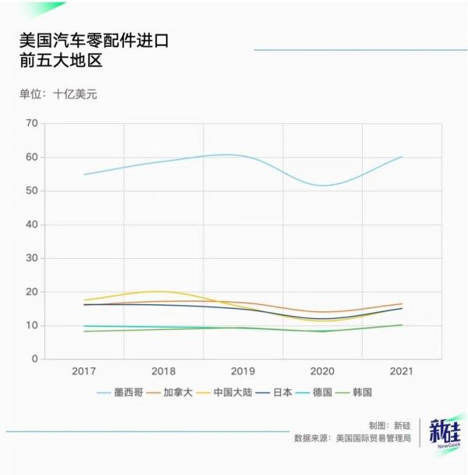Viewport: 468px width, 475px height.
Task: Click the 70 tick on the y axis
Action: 31,123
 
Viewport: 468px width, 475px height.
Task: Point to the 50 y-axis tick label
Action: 31,190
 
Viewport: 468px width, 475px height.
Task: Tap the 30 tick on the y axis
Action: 31,258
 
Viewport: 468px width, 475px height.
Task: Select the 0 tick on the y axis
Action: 34,359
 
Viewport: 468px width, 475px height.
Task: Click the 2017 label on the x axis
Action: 83,370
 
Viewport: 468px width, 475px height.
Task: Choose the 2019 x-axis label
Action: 243,370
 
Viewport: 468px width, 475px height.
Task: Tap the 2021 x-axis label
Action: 402,370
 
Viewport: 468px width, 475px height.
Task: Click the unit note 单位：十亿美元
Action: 58,94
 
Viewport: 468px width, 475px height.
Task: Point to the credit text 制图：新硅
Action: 389,426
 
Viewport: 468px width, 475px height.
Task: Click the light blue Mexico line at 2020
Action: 322,185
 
